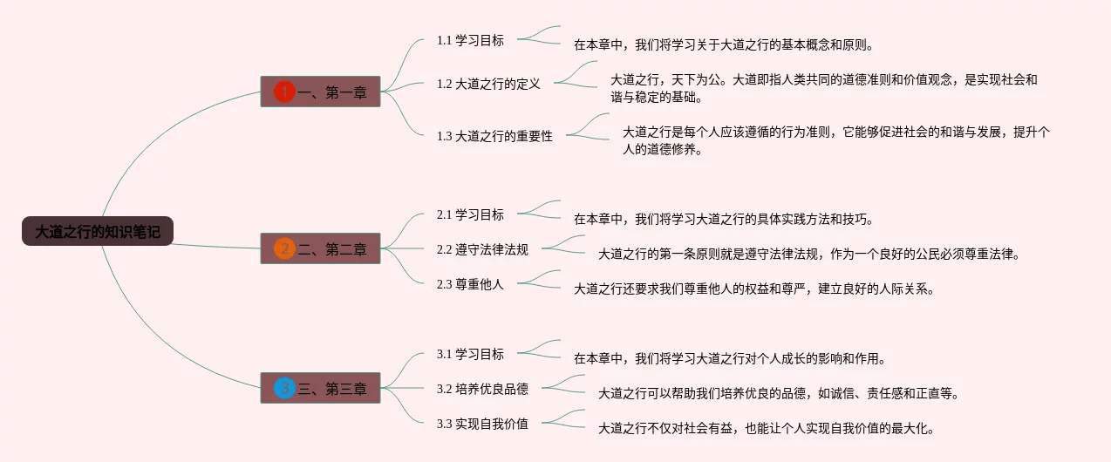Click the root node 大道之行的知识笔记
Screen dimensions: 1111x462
pos(98,232)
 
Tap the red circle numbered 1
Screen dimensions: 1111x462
pos(284,92)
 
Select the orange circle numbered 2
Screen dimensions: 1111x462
pos(284,248)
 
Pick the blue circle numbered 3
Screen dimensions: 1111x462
pos(284,388)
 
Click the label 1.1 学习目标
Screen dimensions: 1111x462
pos(470,40)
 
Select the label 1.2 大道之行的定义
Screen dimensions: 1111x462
pos(488,84)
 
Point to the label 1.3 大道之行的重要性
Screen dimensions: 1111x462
pos(494,136)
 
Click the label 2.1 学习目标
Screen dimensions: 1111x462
pos(470,214)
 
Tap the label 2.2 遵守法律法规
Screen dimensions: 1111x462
pos(482,249)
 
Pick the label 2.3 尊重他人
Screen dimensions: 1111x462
pos(470,284)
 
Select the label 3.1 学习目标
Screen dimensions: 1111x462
pos(470,354)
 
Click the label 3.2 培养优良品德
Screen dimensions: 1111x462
pos(482,389)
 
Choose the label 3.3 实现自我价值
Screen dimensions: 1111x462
pos(482,424)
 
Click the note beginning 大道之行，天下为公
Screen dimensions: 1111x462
pos(823,88)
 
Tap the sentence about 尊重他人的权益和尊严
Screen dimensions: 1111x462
pos(753,289)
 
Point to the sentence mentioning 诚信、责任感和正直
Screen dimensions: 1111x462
pos(778,394)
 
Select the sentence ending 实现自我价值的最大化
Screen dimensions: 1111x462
pos(766,429)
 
